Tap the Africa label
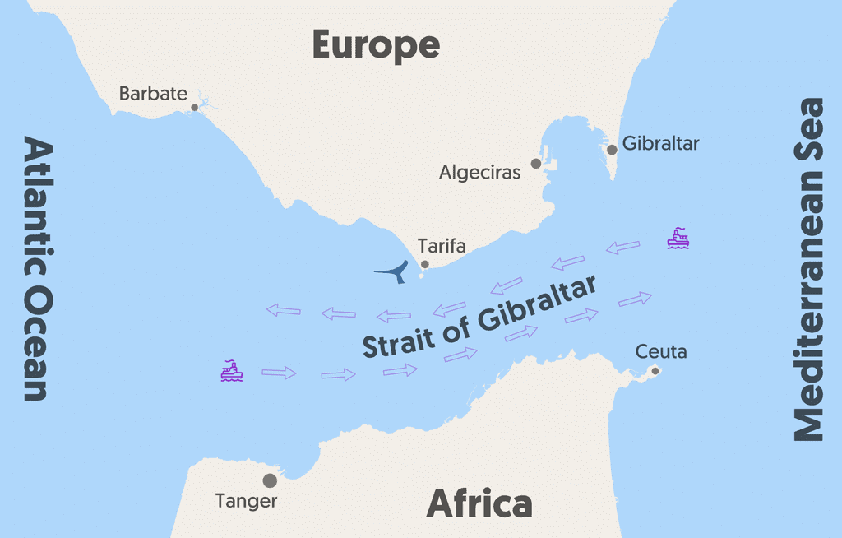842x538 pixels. coord(479,503)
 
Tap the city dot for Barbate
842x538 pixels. coord(195,107)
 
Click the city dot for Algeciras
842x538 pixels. coord(536,164)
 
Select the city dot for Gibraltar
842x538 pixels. coord(612,150)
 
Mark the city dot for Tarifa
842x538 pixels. coord(425,264)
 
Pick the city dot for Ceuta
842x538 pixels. coord(655,370)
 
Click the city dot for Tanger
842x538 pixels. coord(270,480)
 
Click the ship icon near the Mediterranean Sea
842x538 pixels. coord(678,239)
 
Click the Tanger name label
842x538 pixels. coord(246,500)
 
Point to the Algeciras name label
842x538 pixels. coord(480,173)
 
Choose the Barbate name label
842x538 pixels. coord(153,93)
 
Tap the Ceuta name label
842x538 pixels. coord(661,352)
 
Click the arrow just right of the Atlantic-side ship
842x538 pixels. coord(279,373)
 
